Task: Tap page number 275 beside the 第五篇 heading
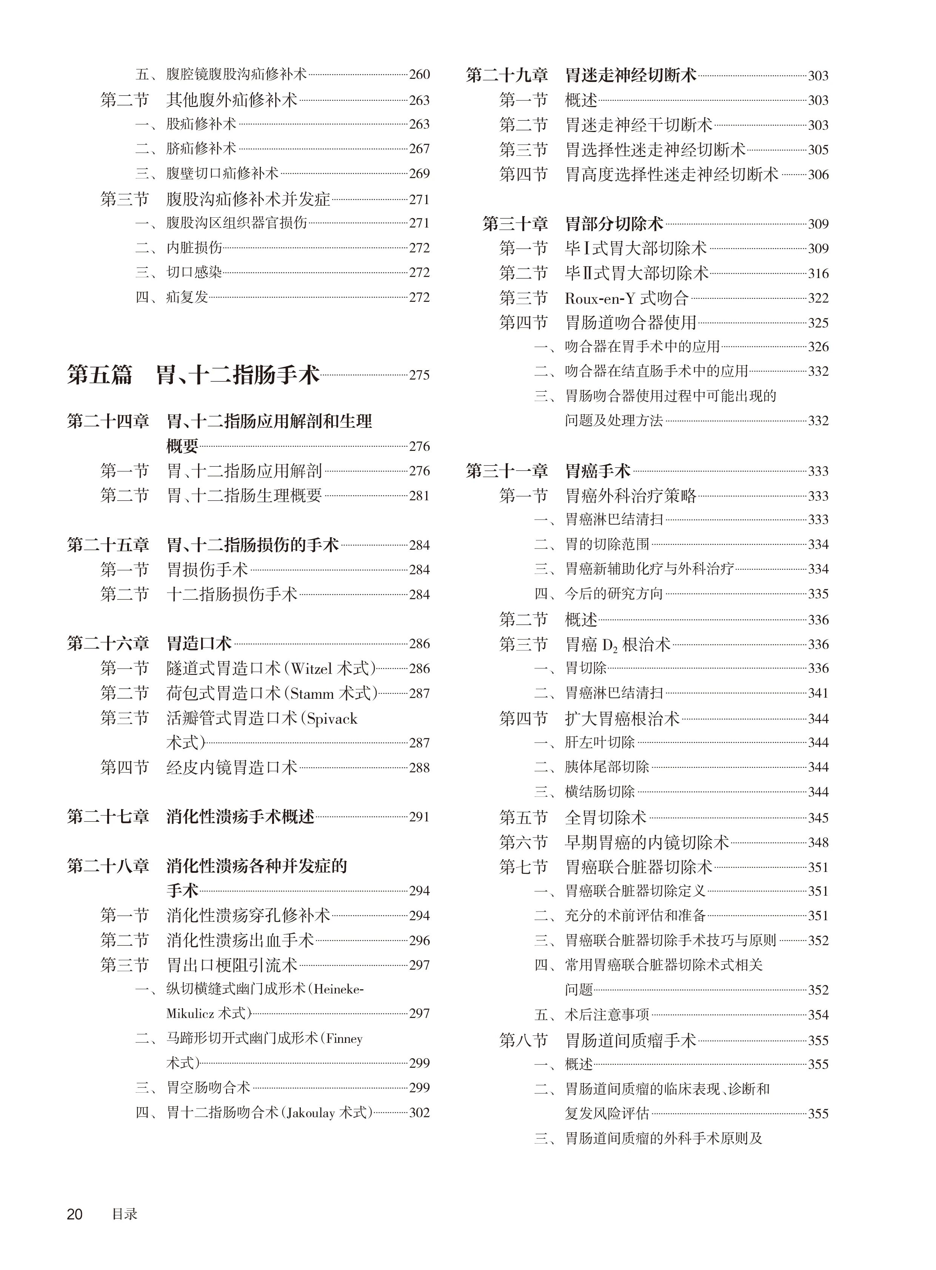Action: tap(419, 375)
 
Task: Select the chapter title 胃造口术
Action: tap(199, 644)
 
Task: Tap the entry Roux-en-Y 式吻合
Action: tap(626, 298)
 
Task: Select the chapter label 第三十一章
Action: tap(507, 471)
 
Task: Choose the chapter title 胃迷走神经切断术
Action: tap(631, 75)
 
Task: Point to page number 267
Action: tap(419, 149)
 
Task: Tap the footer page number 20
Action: tap(75, 1214)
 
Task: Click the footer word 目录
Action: tap(125, 1214)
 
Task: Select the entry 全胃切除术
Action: tap(605, 817)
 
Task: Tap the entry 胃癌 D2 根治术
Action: tap(617, 645)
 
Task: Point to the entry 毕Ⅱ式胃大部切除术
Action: tap(636, 274)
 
